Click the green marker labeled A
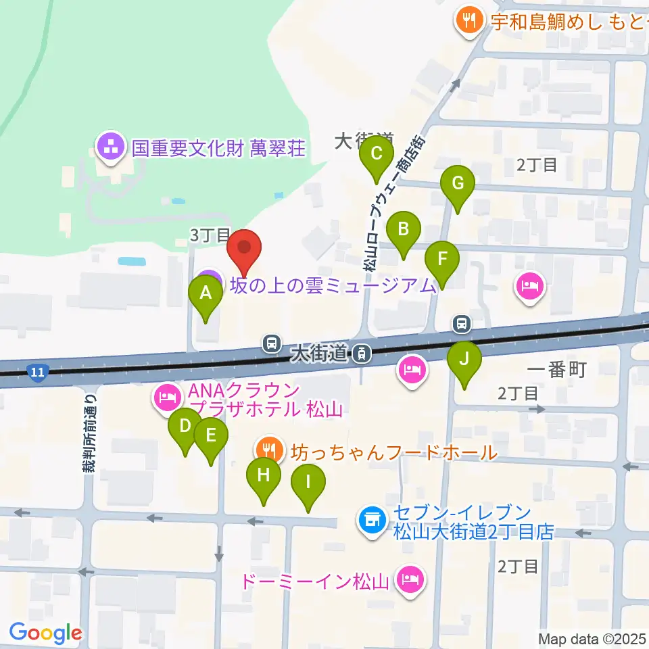coord(205,294)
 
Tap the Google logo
coord(45,633)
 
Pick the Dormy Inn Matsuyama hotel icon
coord(409,579)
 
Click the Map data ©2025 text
coord(592,638)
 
